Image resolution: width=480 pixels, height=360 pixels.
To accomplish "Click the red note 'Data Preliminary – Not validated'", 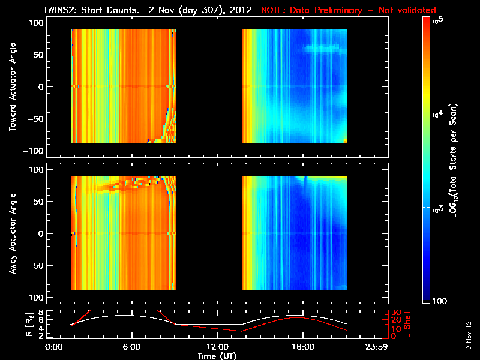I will tap(348, 10).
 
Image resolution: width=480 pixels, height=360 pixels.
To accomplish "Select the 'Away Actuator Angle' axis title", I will tap(11, 233).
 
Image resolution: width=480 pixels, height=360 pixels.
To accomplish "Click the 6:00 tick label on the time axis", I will tap(131, 347).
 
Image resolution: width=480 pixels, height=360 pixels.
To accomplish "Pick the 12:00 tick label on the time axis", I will tap(218, 347).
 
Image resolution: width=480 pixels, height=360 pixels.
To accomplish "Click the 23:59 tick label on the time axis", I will tap(384, 347).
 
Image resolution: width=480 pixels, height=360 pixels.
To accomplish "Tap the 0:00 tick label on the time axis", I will tap(55, 347).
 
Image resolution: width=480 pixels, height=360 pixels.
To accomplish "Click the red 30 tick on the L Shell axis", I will tap(396, 313).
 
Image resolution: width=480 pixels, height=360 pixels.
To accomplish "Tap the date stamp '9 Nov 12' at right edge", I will tap(467, 335).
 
